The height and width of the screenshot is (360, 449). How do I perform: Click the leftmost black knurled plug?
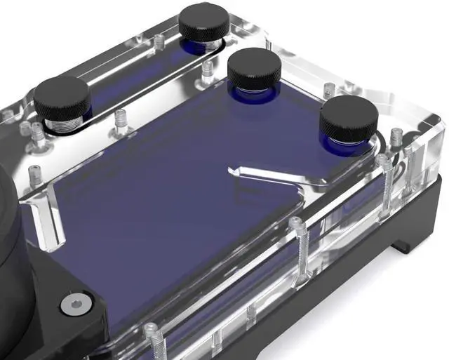[x=62, y=97]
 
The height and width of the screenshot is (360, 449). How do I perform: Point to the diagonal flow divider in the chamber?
[x=270, y=174]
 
